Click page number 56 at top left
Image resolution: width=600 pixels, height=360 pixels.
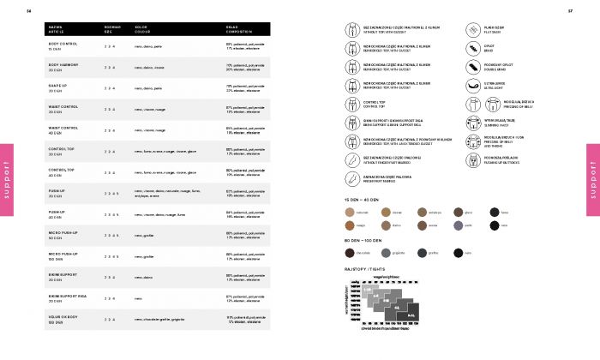click(x=29, y=11)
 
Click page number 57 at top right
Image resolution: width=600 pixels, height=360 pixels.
click(x=570, y=11)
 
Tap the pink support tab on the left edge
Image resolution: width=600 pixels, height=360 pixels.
click(x=7, y=179)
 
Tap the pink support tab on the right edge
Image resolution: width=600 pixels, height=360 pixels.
click(x=592, y=179)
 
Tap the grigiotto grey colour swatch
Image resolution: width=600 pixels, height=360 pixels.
click(x=386, y=252)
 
